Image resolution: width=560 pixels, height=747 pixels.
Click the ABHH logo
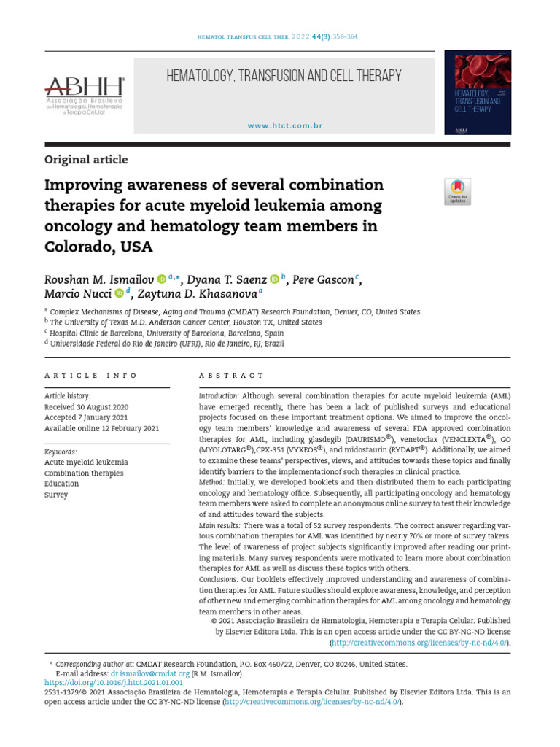(x=85, y=96)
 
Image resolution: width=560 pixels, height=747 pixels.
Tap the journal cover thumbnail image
(x=478, y=92)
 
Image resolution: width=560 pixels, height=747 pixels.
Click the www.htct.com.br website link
(x=284, y=125)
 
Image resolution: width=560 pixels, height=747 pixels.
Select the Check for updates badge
(x=457, y=191)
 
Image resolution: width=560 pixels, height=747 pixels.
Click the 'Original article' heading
(x=86, y=159)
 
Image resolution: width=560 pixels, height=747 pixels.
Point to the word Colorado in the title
(x=77, y=247)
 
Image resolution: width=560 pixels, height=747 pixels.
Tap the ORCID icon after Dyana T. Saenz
(x=274, y=279)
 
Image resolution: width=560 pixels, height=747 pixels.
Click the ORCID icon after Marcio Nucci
(x=119, y=293)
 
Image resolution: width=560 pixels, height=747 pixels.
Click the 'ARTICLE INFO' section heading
(x=91, y=375)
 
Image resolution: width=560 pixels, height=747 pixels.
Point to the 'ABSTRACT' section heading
(x=232, y=375)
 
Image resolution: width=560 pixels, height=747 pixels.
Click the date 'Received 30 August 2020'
(x=86, y=406)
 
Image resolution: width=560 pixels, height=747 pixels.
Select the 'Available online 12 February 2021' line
(x=101, y=428)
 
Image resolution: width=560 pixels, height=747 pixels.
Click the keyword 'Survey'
(x=56, y=495)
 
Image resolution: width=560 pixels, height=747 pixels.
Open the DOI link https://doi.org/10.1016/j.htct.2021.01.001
(x=114, y=683)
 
